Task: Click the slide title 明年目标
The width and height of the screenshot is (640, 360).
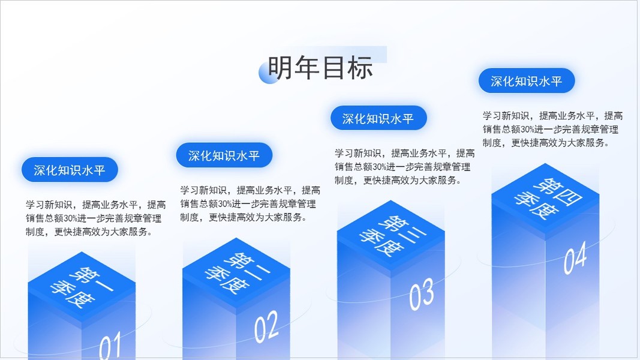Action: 320,68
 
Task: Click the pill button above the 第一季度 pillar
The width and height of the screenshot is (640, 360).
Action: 70,170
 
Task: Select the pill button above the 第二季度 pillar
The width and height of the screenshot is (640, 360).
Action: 224,155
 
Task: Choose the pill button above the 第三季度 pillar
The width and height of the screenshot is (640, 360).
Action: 378,118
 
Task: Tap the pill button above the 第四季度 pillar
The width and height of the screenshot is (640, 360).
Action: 527,81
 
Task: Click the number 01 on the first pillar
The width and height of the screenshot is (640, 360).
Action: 110,346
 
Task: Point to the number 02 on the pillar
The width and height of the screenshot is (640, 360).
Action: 266,326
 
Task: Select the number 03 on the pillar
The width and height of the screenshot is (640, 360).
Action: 421,294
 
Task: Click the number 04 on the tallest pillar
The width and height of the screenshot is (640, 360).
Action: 575,257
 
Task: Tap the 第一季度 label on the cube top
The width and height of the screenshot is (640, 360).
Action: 82,287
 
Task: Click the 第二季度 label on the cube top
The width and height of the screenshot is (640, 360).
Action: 236,272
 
